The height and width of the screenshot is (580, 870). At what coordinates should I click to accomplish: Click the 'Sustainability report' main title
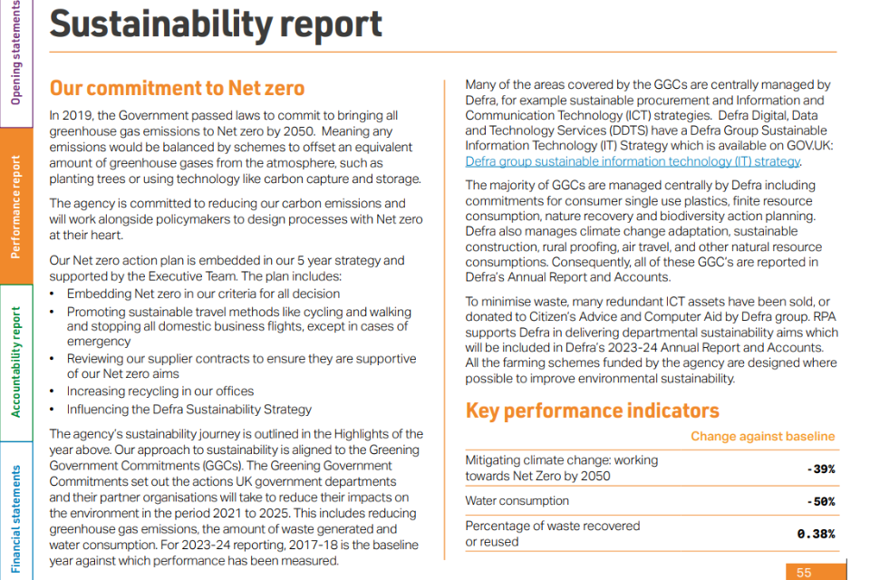pyautogui.click(x=216, y=25)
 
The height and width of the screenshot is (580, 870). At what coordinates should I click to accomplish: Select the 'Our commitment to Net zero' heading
pyautogui.click(x=177, y=88)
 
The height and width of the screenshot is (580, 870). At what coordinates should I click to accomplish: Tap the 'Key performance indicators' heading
pyautogui.click(x=592, y=411)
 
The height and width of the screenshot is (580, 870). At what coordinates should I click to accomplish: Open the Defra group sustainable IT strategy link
pyautogui.click(x=633, y=161)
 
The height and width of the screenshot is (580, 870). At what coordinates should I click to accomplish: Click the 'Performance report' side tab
pyautogui.click(x=16, y=207)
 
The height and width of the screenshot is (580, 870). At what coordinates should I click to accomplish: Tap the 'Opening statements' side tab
pyautogui.click(x=16, y=53)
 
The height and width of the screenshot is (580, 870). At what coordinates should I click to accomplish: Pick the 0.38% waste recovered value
pyautogui.click(x=816, y=534)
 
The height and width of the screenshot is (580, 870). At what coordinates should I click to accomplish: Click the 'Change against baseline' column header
pyautogui.click(x=762, y=437)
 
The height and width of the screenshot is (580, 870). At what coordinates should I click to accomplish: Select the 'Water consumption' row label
pyautogui.click(x=517, y=501)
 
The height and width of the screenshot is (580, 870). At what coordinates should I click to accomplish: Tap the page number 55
pyautogui.click(x=804, y=573)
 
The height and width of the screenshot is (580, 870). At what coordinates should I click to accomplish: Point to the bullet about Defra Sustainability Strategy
pyautogui.click(x=188, y=409)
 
